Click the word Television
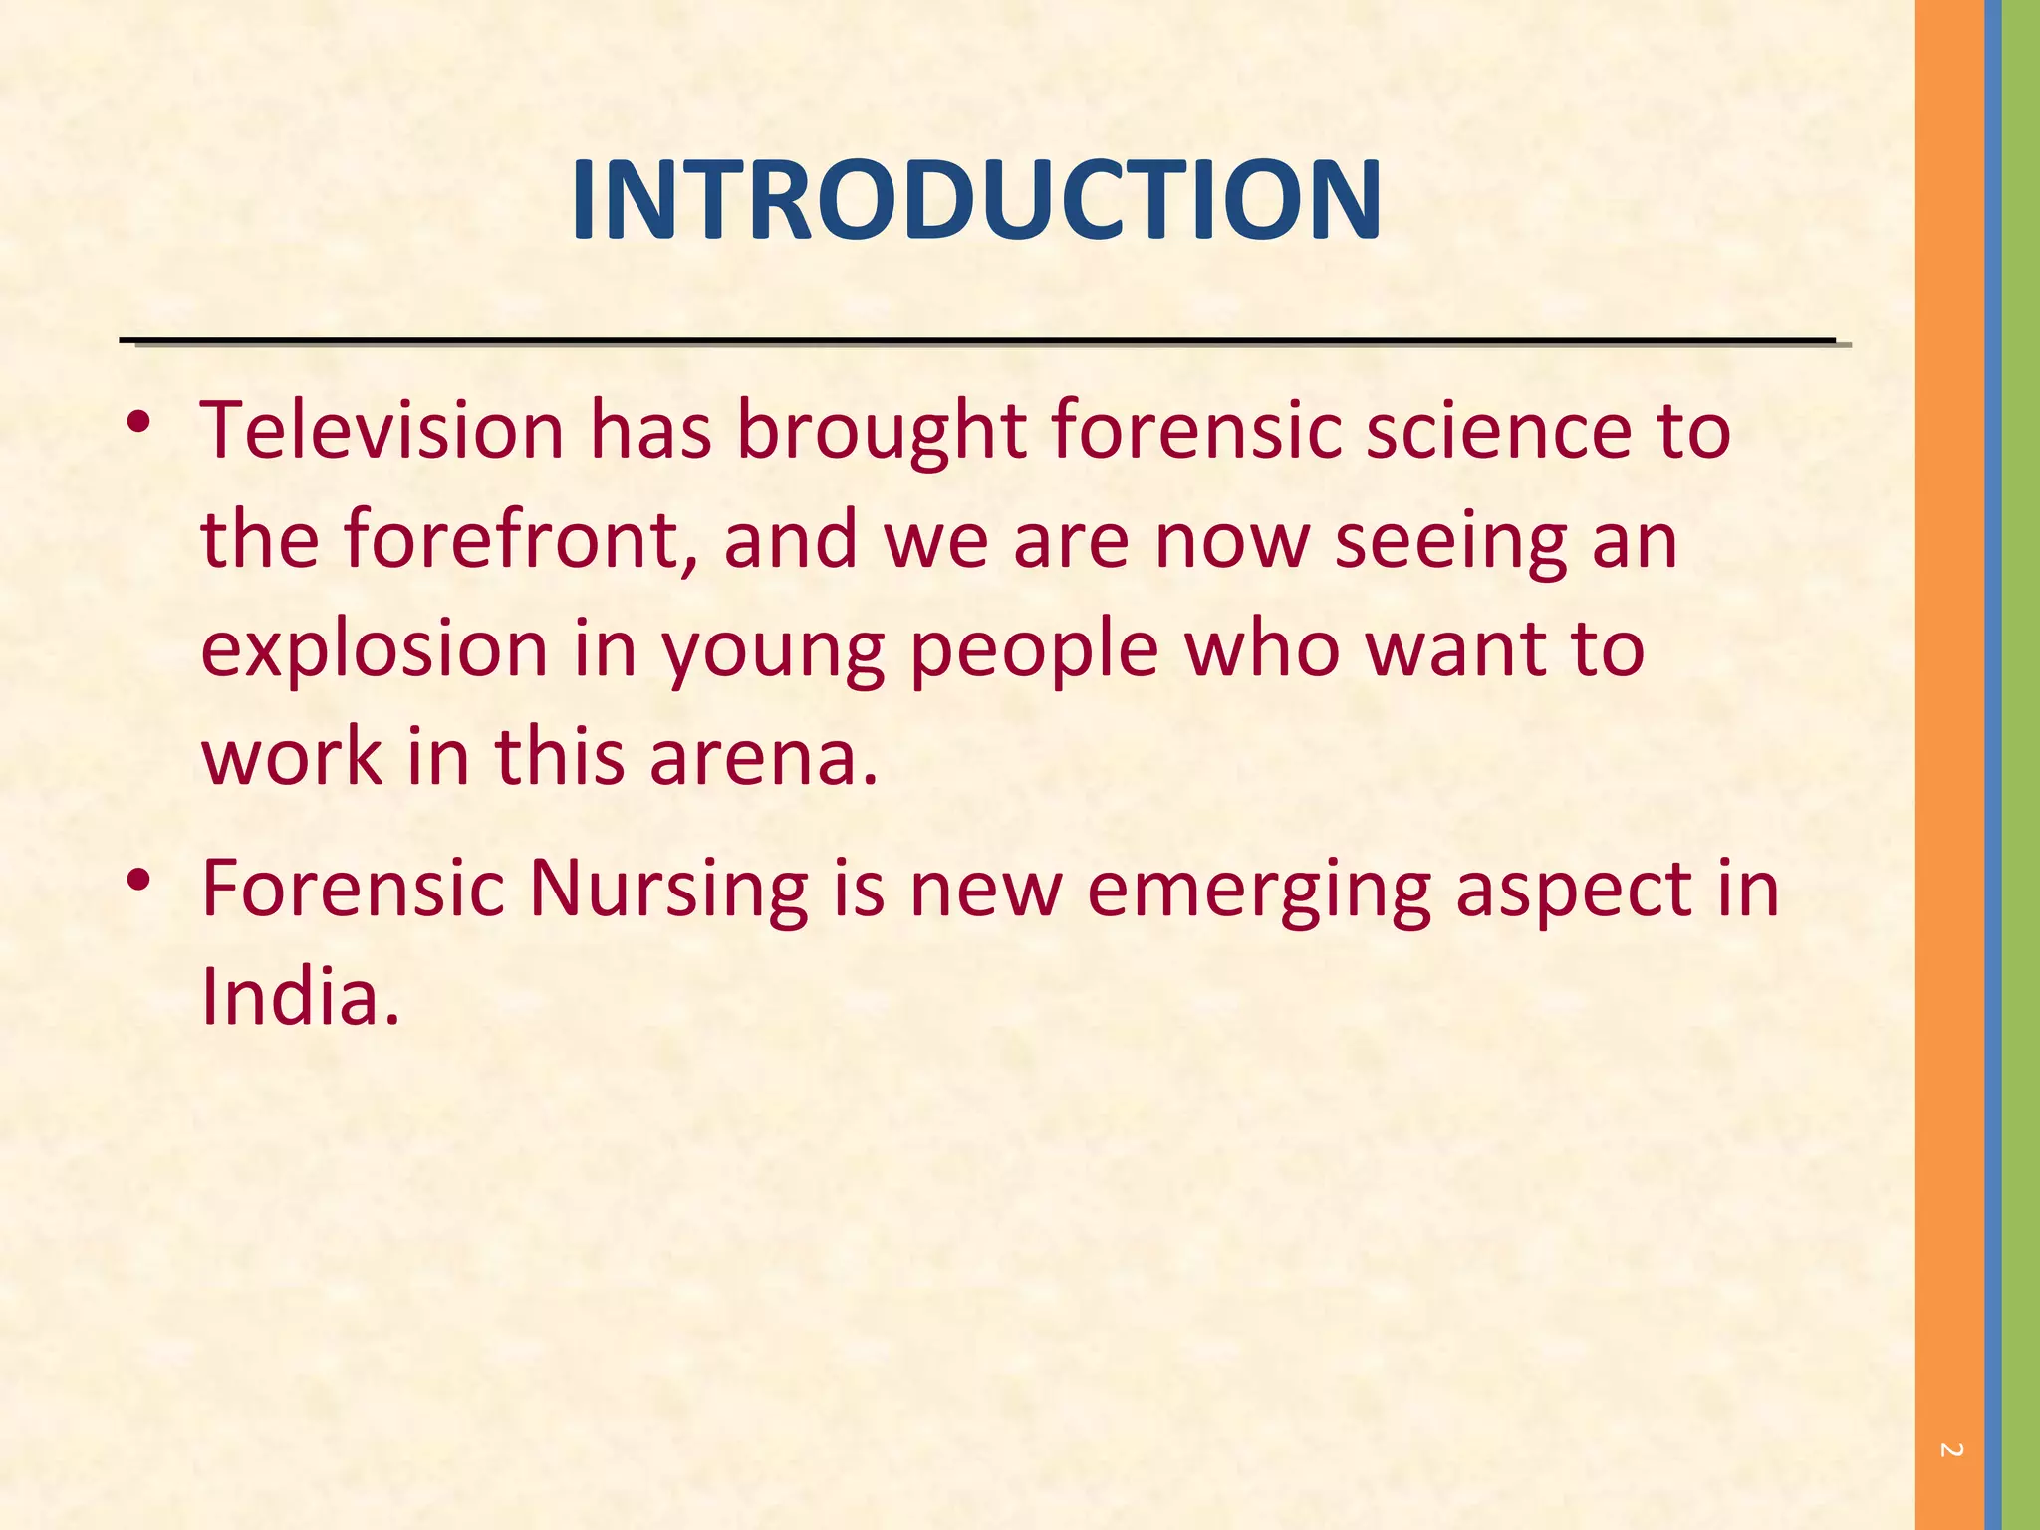point(382,430)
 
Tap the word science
point(1499,430)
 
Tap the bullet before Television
point(138,423)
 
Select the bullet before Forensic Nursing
point(138,880)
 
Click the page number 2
point(1951,1450)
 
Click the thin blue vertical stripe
point(1992,765)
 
